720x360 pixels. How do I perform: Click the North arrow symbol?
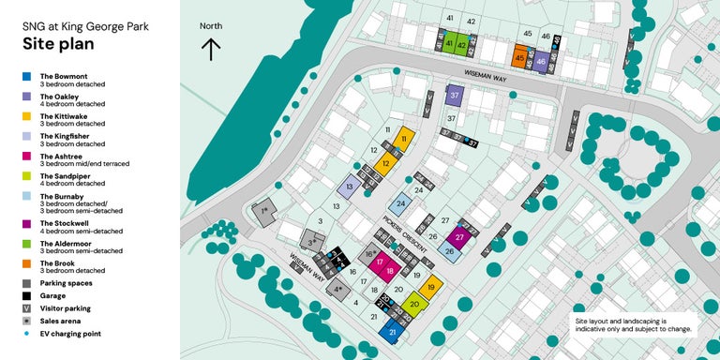pos(211,49)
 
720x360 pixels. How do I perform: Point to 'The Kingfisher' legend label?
pos(66,137)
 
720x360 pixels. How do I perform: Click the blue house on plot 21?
pos(395,332)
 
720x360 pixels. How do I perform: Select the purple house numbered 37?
pos(455,96)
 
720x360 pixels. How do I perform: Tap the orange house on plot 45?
pos(519,58)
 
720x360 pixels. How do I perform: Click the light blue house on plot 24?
pos(401,203)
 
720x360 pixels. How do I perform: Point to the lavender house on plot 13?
pos(349,187)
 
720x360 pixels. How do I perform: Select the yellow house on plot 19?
pos(430,288)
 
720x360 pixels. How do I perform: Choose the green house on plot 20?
pos(414,304)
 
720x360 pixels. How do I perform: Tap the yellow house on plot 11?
pos(404,139)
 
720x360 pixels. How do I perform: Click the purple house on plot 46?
pos(540,62)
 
